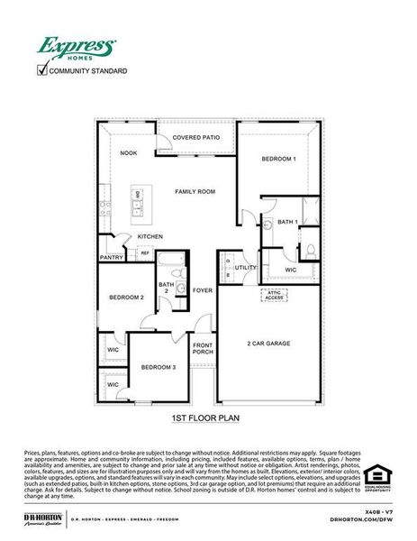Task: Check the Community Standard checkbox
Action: click(41, 69)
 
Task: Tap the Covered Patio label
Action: click(196, 137)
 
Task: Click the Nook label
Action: click(129, 153)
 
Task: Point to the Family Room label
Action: click(195, 191)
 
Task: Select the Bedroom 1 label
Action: click(279, 159)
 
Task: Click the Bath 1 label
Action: click(287, 222)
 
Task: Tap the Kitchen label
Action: click(150, 237)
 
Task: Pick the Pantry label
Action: click(112, 258)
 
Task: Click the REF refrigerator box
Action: click(144, 253)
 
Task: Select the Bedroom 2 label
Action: click(126, 298)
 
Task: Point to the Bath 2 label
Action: click(166, 289)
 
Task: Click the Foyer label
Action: click(203, 290)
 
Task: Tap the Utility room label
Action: click(246, 268)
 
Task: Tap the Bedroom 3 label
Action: click(158, 367)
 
